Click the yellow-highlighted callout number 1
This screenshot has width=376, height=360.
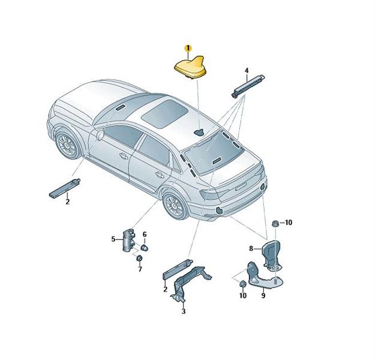pos(188,48)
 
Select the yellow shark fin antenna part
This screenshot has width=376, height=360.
pos(191,67)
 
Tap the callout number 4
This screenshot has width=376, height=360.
pos(246,71)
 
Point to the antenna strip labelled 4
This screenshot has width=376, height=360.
pos(248,86)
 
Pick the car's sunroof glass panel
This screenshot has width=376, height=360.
pos(164,114)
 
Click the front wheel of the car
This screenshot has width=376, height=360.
pos(67,145)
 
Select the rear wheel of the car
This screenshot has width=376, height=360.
pos(175,205)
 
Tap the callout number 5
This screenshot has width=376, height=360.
pos(113,239)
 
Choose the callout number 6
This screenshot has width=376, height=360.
pos(145,234)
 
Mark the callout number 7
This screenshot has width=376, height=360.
pos(140,269)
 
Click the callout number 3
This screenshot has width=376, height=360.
pos(184,311)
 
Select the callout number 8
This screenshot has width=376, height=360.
pos(251,248)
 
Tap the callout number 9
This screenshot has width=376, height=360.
pos(263,296)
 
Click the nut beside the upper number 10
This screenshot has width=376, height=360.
pos(275,223)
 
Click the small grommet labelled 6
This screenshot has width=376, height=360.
pos(144,248)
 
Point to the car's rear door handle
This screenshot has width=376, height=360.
pos(159,175)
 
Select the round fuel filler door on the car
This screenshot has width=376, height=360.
pos(100,135)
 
